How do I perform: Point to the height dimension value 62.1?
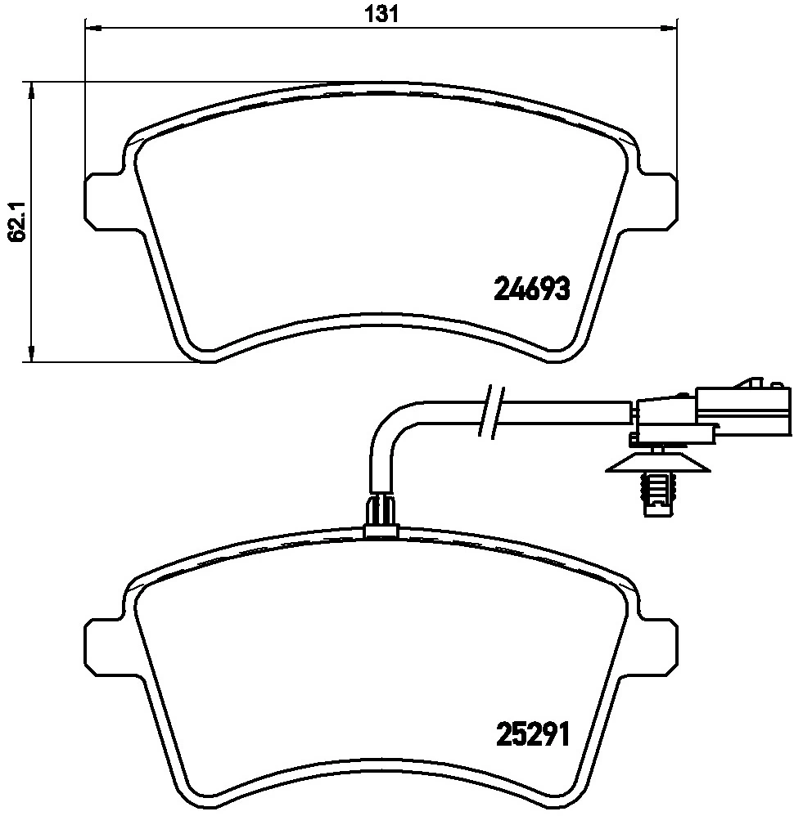coord(14,221)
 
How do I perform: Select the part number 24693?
coord(531,289)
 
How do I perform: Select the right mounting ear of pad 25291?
coord(659,643)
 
